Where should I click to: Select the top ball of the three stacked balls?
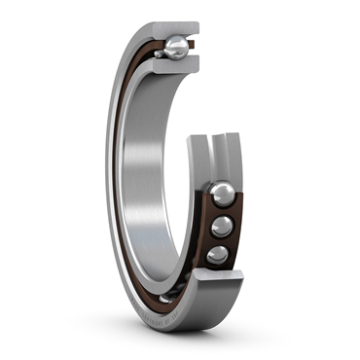point(222,193)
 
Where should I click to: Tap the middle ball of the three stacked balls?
point(223,227)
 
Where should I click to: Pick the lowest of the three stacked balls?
point(218,255)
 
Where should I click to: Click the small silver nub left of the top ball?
point(157,54)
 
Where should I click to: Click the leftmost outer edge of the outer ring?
point(106,175)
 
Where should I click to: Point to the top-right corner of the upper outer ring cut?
point(198,26)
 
